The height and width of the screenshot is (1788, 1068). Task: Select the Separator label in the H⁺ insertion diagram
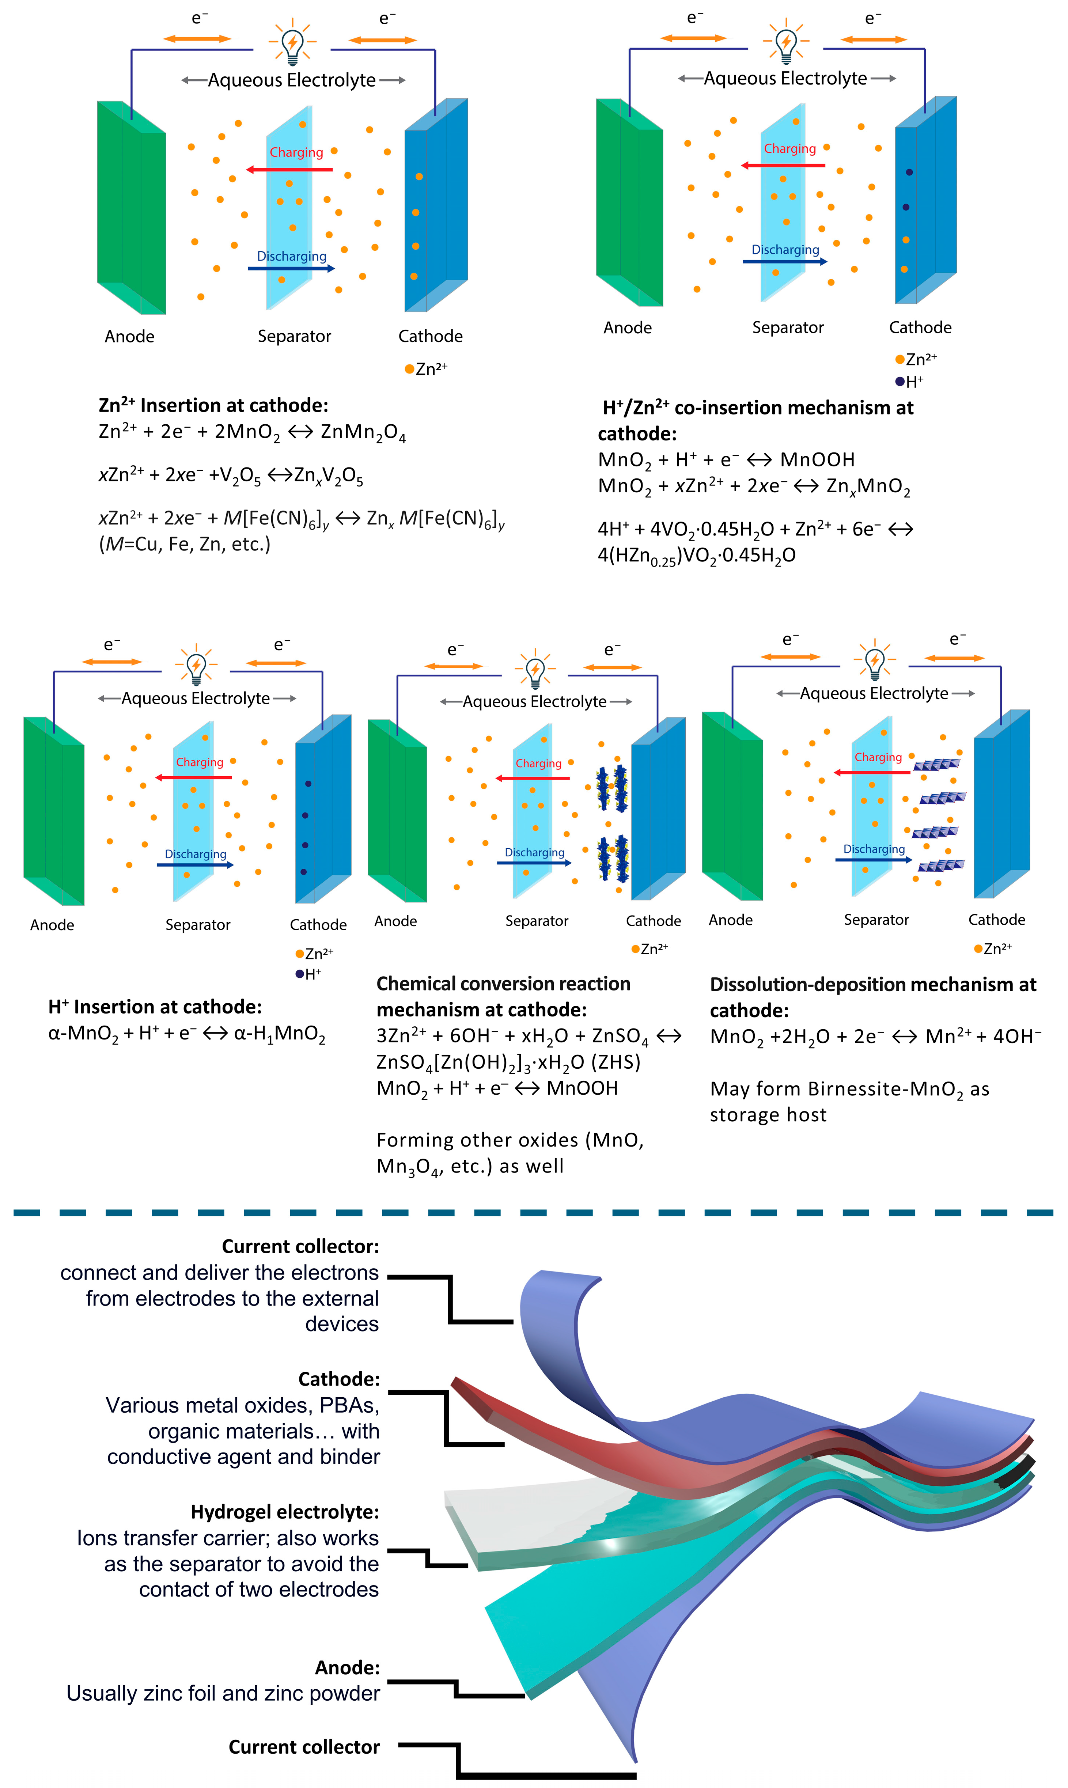(198, 925)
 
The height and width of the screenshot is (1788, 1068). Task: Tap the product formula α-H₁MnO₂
(279, 1034)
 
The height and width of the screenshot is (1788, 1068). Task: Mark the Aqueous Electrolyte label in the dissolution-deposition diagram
(874, 694)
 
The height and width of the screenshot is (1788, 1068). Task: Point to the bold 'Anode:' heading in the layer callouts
(347, 1668)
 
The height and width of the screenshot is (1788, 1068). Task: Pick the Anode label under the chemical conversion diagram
(395, 921)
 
